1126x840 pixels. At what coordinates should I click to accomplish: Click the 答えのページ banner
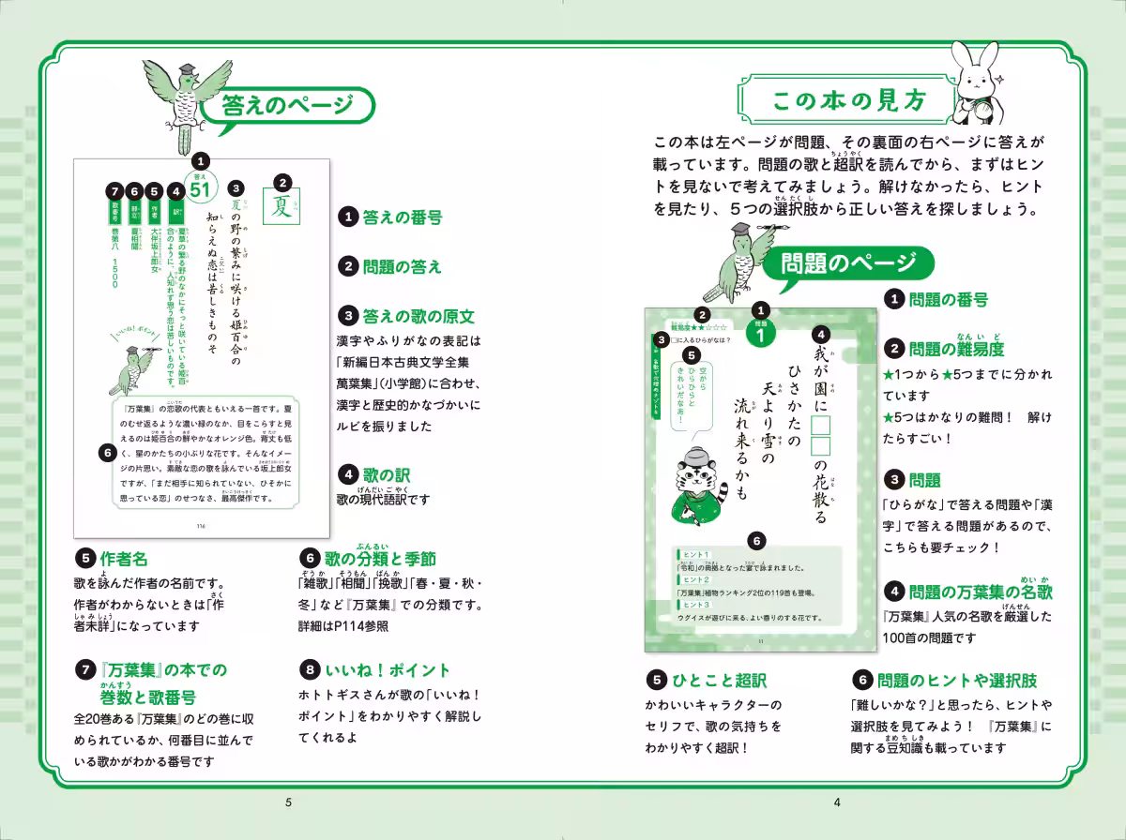pos(288,108)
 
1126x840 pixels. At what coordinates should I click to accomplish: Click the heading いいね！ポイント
pos(388,670)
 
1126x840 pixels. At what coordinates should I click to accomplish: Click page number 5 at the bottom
pos(289,802)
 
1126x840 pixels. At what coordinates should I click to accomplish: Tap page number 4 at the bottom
pos(837,802)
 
